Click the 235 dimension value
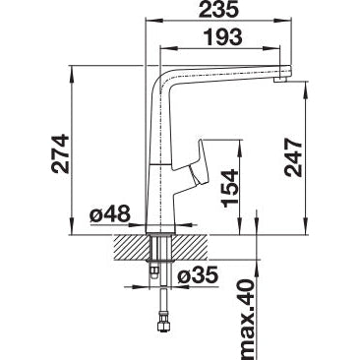(218, 10)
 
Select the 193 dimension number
(223, 37)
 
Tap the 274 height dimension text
(61, 153)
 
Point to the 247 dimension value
(293, 157)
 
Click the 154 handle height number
(230, 188)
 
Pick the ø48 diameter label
(110, 214)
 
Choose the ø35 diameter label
(198, 275)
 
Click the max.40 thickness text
(246, 319)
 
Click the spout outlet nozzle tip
(281, 80)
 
